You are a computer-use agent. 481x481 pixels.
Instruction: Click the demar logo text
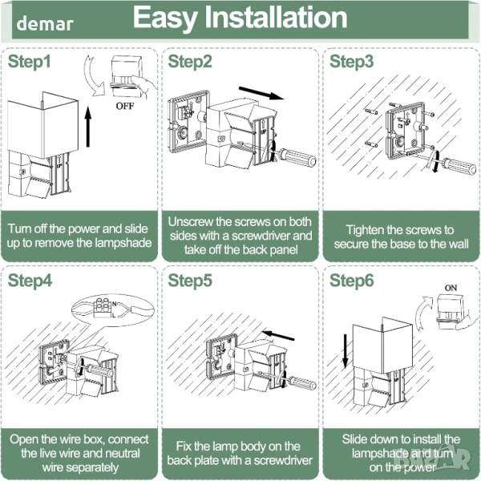(x=44, y=23)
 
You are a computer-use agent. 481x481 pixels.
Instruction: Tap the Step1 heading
(x=30, y=62)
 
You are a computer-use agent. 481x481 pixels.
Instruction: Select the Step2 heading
(x=190, y=62)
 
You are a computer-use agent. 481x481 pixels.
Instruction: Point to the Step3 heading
(x=352, y=62)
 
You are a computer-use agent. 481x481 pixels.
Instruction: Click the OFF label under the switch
(x=126, y=105)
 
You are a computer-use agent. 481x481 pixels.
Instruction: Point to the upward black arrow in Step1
(x=87, y=128)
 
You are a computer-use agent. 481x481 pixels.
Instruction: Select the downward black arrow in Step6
(x=345, y=350)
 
